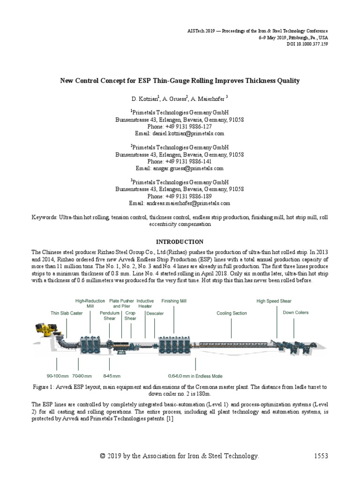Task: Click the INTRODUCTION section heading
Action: (x=180, y=242)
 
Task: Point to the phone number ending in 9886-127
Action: (x=180, y=127)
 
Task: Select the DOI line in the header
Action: (x=304, y=43)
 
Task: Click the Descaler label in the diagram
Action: (x=155, y=313)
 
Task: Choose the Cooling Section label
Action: (x=232, y=313)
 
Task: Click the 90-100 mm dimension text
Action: (x=58, y=376)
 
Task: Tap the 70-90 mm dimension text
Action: (x=82, y=376)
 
